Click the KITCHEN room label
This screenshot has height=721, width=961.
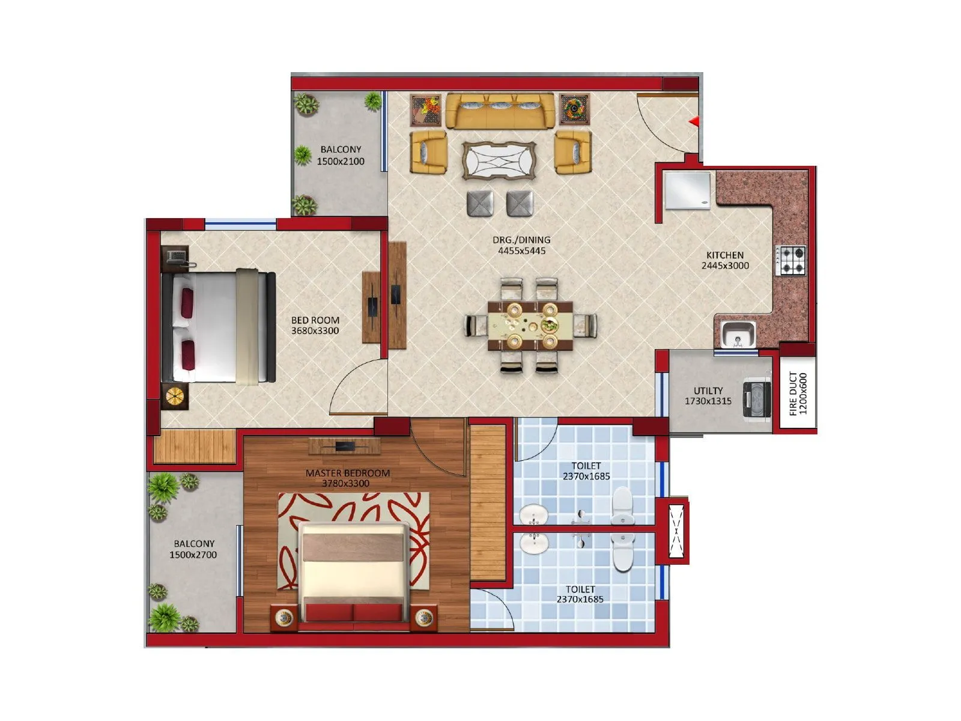(x=725, y=255)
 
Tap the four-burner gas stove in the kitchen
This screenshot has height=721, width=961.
(x=792, y=260)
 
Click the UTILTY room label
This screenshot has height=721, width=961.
(x=708, y=391)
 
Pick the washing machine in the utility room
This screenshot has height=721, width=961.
(x=757, y=398)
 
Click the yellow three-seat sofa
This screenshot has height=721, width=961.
(x=500, y=110)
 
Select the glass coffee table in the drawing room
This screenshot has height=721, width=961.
(x=499, y=160)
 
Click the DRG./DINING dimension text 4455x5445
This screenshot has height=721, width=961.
(x=521, y=251)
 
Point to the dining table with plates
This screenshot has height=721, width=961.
(x=531, y=325)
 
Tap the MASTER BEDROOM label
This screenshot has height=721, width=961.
(x=347, y=473)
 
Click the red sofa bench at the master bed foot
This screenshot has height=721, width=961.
(x=354, y=612)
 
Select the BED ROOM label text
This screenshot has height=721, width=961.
(x=315, y=320)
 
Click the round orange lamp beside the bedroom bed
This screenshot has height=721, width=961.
(x=175, y=396)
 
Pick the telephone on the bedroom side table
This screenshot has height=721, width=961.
(x=176, y=257)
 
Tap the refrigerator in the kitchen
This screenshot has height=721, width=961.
(x=687, y=190)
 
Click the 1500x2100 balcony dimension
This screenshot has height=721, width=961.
(x=341, y=161)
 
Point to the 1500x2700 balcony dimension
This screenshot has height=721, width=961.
(x=193, y=555)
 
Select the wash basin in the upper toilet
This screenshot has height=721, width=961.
(x=533, y=515)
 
